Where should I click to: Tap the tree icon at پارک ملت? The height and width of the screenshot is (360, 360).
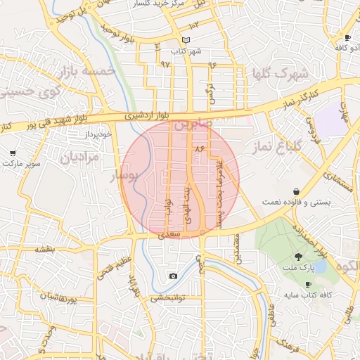298,257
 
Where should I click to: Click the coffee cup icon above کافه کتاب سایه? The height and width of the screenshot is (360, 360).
308,284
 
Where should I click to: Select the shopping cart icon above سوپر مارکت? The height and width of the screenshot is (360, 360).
13,153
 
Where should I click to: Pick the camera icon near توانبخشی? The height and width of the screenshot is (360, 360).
173,276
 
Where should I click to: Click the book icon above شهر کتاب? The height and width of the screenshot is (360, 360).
186,40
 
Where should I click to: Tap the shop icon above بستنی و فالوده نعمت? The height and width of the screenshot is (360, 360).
297,191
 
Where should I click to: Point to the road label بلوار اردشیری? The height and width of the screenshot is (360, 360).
148,114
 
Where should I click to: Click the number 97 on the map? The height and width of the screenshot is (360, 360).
166,64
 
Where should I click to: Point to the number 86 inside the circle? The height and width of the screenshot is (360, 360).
199,148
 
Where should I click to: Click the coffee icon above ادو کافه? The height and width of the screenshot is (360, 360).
347,37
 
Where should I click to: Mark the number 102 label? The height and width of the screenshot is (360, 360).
195,25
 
